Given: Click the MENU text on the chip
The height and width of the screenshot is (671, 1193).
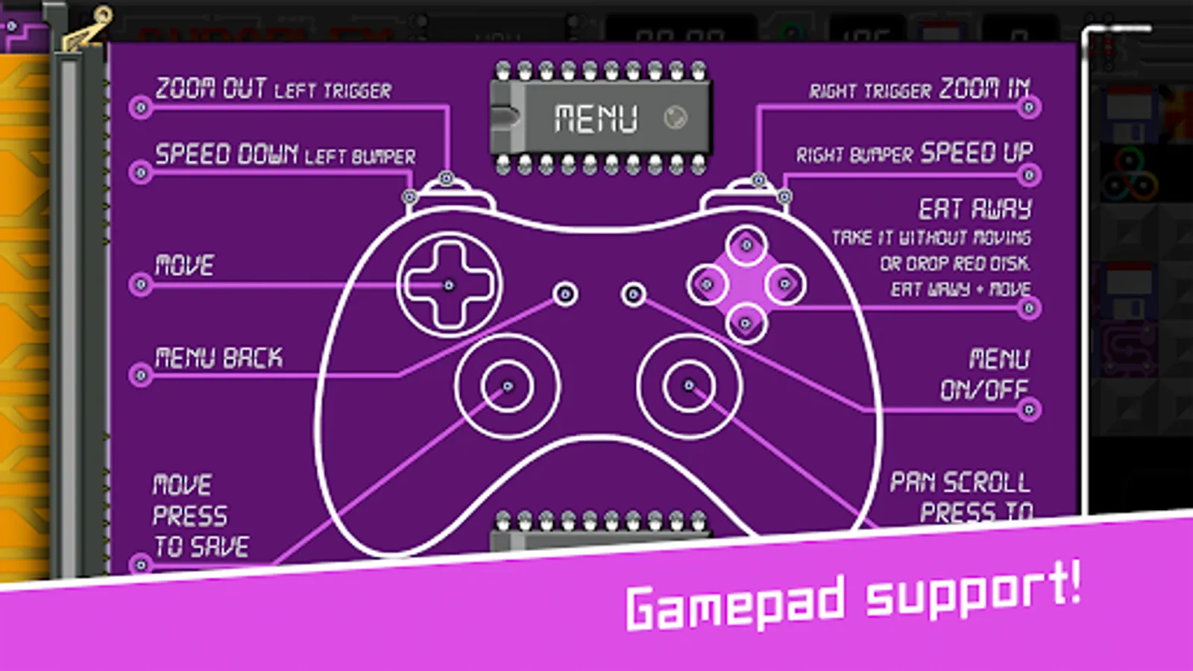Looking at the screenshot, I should coord(596,119).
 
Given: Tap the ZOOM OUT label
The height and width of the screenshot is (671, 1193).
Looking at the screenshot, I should coord(211,88).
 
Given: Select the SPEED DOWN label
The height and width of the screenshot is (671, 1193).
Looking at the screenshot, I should coord(227,154).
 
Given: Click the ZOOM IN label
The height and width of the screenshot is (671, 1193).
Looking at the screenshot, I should coord(984,89).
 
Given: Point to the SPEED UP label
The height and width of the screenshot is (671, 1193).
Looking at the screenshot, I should coord(977,153).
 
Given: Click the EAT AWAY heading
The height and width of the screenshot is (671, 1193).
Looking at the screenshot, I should coord(975,209).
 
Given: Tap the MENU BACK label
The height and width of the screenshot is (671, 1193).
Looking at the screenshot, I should coord(218,359).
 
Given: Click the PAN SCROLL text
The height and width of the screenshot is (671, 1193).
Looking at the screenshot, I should coord(960,482).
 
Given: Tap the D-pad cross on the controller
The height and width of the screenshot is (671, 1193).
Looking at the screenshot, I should coord(449,285).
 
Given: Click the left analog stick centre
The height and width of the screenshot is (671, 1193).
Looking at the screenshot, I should coord(507,386).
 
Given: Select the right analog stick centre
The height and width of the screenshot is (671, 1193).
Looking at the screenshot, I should coord(689,385).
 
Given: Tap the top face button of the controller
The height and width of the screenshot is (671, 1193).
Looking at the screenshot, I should coord(746,245).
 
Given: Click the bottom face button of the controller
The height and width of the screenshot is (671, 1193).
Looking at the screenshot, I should coord(745,324).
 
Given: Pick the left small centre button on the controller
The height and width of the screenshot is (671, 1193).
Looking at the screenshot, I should coord(565,294).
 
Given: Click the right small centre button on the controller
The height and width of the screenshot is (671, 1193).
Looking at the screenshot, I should coord(633,294).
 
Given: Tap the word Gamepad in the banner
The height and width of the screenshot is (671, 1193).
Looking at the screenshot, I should coord(735,603).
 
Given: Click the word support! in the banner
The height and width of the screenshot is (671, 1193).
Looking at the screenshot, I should coord(973,590).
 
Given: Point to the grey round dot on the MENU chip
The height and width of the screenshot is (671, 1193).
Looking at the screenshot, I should coord(676,117).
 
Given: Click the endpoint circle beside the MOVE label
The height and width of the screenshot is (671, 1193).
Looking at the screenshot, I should coord(140,285).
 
